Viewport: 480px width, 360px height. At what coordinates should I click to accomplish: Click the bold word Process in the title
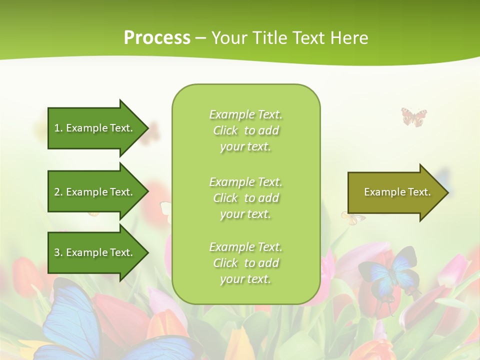point(157,38)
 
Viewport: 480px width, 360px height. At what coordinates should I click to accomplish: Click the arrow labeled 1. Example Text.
point(95,128)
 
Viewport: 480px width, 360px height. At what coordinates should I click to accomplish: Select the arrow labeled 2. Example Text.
point(95,192)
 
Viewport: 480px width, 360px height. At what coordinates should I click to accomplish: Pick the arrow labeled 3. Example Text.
point(95,252)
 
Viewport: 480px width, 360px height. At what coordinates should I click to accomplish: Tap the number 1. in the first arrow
point(58,128)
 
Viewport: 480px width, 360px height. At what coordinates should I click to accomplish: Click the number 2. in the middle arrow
point(58,192)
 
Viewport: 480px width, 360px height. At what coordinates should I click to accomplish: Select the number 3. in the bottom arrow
point(58,252)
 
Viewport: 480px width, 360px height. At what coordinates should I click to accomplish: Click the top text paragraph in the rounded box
point(246,130)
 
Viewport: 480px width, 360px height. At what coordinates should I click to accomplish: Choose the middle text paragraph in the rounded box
point(246,198)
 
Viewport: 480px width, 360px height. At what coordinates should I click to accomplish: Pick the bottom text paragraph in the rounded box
point(246,263)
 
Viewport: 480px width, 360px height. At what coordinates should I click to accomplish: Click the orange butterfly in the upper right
point(414,116)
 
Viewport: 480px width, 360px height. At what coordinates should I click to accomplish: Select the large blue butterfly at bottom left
point(75,320)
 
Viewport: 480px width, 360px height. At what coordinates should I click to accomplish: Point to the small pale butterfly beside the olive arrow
point(352,217)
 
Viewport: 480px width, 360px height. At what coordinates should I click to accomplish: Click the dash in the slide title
point(200,38)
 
